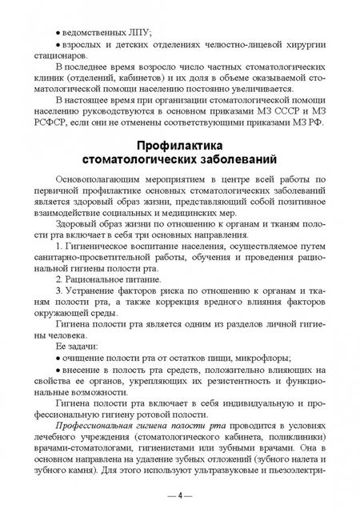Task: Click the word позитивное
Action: point(294,215)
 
